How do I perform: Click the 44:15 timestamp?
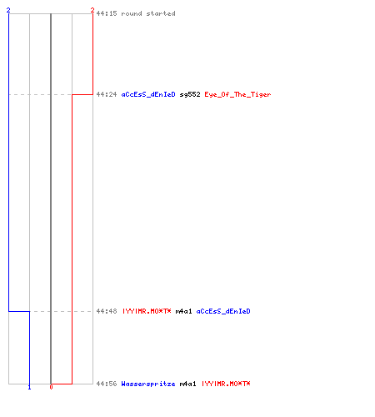pos(107,13)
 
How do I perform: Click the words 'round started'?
pos(148,13)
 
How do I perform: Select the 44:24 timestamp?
pos(107,94)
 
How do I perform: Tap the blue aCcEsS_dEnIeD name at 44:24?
pos(148,94)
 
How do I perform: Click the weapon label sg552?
pos(190,94)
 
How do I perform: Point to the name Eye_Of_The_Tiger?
pos(237,94)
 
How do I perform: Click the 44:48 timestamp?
pos(107,311)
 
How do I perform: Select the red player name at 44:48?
pos(147,311)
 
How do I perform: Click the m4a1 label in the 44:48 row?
pos(183,311)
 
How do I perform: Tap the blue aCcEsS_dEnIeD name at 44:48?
pos(223,311)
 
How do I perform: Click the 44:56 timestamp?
pos(107,384)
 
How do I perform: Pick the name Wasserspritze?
pos(148,384)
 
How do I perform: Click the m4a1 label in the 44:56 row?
pos(187,384)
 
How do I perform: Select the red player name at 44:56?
pos(226,384)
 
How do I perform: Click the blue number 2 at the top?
pos(8,10)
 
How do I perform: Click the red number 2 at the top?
pos(92,10)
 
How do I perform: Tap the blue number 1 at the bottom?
pos(29,387)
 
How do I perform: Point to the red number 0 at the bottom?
pos(51,387)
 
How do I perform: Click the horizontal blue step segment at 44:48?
pos(19,311)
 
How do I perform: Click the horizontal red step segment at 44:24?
pos(82,94)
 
